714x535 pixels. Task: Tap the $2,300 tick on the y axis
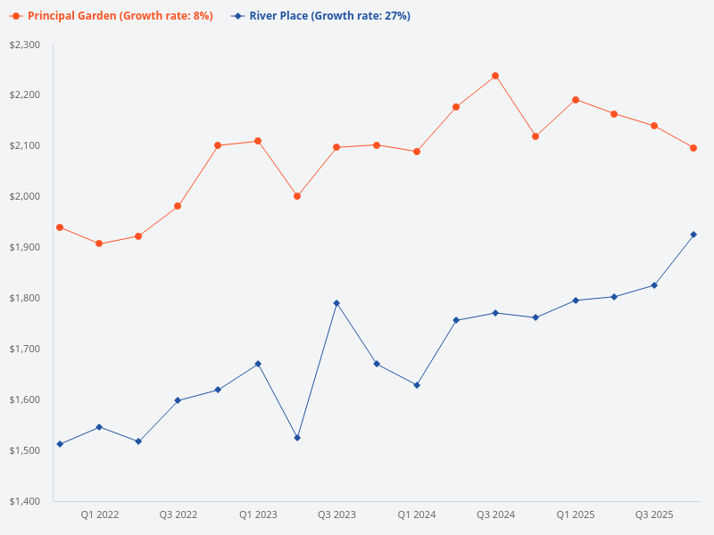(x=25, y=45)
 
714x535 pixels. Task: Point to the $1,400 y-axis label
(x=25, y=501)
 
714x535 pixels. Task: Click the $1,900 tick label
(x=25, y=247)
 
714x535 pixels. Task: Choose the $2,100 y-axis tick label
(x=25, y=145)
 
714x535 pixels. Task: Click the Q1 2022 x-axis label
(x=99, y=514)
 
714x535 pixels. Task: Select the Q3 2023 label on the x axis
(x=336, y=514)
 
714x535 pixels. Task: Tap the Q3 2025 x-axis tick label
(x=654, y=514)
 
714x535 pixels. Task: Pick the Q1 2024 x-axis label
(x=417, y=514)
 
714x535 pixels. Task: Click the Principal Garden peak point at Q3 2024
(x=495, y=76)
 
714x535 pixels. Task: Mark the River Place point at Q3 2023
(x=336, y=303)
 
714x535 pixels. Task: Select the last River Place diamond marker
(x=693, y=235)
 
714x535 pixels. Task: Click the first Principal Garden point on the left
(x=60, y=227)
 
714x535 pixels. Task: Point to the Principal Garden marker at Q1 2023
(x=258, y=141)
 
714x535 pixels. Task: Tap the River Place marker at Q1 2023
(x=258, y=364)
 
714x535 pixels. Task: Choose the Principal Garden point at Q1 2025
(x=576, y=100)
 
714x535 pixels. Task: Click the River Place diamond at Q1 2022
(x=99, y=427)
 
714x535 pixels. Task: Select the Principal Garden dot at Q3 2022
(x=178, y=206)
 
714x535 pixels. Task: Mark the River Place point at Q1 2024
(x=417, y=385)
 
